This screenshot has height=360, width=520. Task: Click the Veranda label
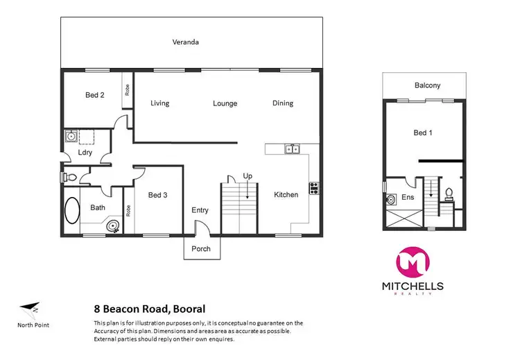pos(185,42)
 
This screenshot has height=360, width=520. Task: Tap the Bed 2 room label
pos(95,95)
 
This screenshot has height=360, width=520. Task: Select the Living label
pos(160,103)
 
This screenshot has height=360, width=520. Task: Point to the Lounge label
pos(225,103)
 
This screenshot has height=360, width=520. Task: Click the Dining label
pos(283,103)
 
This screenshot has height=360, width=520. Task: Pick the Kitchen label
pos(286,195)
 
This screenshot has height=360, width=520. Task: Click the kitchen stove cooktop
pos(313,187)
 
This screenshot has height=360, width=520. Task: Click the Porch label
pos(201,249)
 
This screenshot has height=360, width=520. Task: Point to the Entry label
pos(200,211)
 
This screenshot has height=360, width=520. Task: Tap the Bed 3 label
pos(158,195)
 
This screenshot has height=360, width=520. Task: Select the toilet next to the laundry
pos(68,178)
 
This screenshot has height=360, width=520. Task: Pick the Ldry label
pos(86,152)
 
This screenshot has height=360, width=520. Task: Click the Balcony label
pos(427,85)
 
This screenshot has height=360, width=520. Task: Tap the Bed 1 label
pos(423,132)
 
